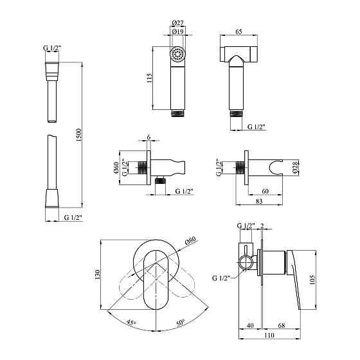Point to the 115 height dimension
(149, 78)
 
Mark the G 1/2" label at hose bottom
(73, 219)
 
